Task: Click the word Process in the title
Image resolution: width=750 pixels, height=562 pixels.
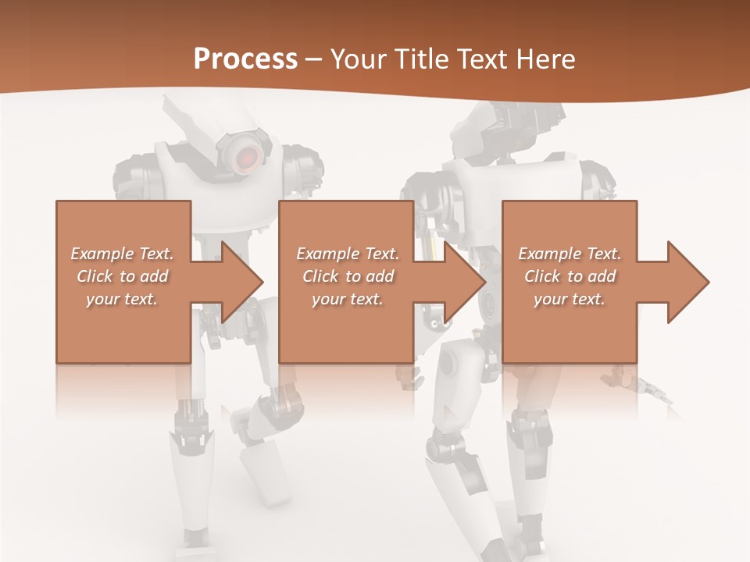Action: tap(245, 59)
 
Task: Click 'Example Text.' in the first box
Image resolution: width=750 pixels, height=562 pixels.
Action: tap(123, 254)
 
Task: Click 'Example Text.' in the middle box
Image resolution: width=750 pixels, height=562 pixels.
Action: tap(348, 254)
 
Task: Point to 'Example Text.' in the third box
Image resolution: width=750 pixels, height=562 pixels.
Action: tap(570, 254)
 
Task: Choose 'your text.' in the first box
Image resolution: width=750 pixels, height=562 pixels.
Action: tap(123, 299)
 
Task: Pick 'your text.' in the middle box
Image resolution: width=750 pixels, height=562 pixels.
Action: tap(348, 299)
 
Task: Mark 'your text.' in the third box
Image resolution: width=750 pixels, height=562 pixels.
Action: tap(570, 299)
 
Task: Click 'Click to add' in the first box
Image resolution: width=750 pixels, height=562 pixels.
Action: tap(123, 276)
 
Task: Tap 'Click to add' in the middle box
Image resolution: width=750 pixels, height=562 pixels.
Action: tap(348, 276)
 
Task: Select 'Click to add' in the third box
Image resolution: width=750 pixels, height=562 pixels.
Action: tap(570, 276)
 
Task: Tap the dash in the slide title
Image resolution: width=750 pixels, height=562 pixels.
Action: tap(314, 60)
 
